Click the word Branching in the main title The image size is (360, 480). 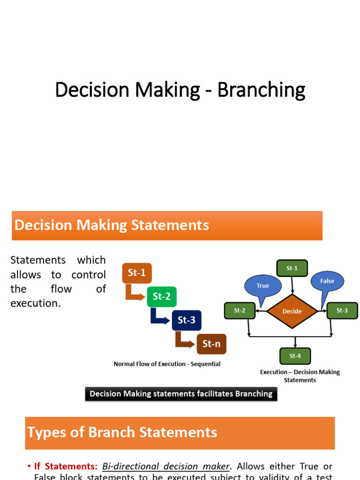(261, 90)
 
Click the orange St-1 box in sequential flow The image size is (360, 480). (137, 273)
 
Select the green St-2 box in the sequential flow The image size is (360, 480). (162, 296)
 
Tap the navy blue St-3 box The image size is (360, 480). (186, 321)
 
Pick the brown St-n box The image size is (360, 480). (211, 344)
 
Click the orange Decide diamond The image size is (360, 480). (292, 311)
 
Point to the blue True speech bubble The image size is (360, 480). (262, 285)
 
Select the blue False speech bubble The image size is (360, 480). (327, 281)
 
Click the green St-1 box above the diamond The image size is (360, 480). (292, 268)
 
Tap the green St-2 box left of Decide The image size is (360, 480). (240, 310)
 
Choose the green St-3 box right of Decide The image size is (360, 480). (342, 310)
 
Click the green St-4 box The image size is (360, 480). (295, 356)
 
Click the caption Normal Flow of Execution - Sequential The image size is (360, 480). (167, 364)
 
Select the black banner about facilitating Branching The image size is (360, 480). (181, 394)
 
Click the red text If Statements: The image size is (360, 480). (65, 466)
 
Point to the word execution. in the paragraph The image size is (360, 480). (36, 303)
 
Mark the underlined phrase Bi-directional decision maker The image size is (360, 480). (166, 466)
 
